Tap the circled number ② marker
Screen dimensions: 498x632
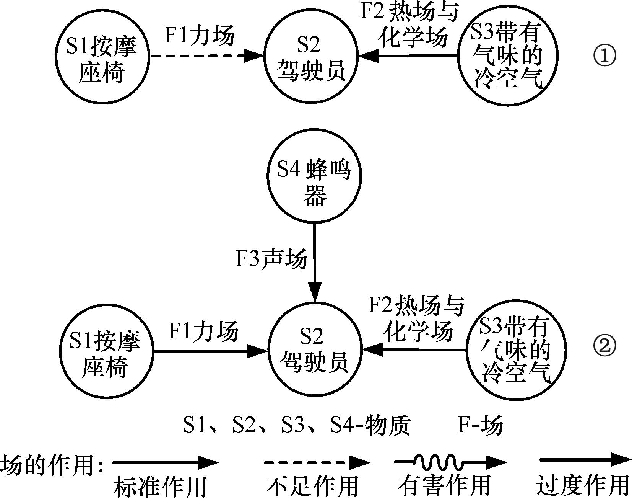click(604, 346)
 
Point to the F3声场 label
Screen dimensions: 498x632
click(271, 259)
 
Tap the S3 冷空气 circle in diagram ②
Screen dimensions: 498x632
click(515, 350)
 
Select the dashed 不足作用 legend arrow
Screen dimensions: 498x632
click(317, 463)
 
